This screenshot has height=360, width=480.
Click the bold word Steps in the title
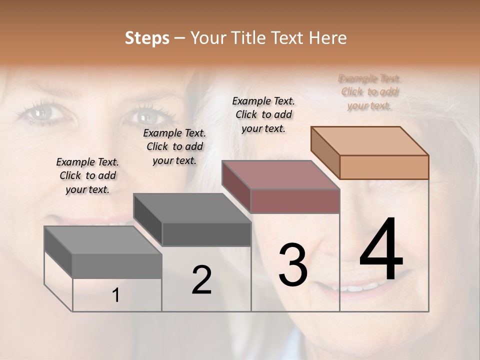[147, 38]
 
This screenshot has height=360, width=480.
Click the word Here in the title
[327, 38]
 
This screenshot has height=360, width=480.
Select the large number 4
[381, 250]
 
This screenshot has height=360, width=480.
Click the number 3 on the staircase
[293, 264]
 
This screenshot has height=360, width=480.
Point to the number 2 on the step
[201, 280]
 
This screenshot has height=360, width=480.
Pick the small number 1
[116, 295]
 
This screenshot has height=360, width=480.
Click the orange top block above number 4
[370, 152]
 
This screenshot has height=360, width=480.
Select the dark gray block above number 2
[192, 220]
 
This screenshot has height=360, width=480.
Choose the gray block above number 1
[103, 252]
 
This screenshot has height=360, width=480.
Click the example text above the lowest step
[87, 175]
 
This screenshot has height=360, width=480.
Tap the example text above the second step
[174, 146]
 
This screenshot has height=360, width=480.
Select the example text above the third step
[263, 114]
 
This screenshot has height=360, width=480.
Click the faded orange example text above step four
[369, 92]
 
